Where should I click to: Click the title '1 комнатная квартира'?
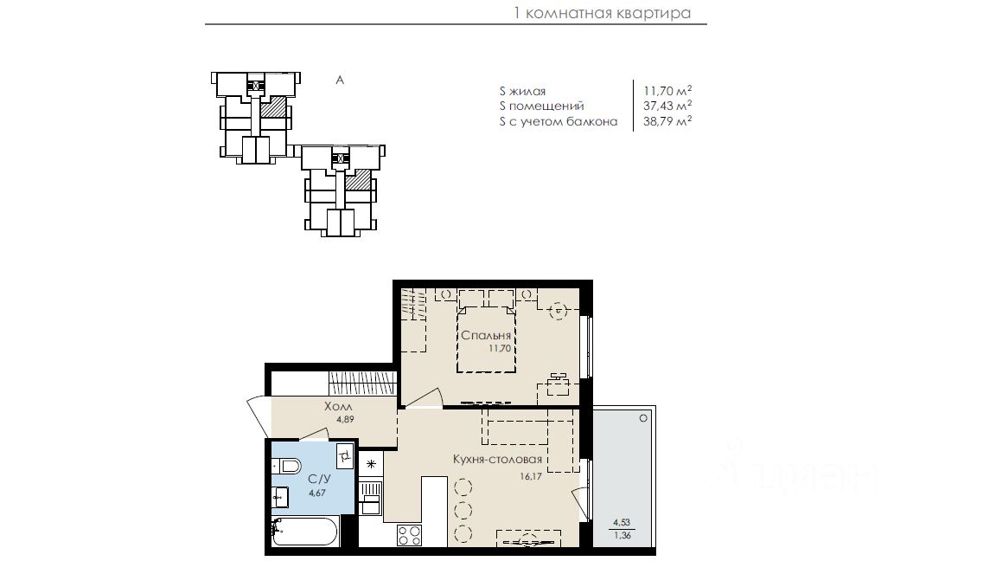602,13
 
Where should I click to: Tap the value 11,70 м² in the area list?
667,91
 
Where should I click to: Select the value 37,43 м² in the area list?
667,106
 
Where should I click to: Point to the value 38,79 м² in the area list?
667,121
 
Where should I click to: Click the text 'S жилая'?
522,92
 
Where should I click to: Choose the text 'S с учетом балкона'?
559,121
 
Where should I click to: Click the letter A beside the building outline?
340,81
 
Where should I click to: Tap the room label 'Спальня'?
486,335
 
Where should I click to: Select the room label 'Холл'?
338,406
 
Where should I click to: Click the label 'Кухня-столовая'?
497,459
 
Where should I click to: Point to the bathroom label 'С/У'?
318,480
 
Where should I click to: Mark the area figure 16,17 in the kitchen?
530,476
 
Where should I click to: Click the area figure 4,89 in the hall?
345,419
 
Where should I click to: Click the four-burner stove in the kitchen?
409,535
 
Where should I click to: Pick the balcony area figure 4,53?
622,523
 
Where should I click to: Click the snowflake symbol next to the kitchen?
371,464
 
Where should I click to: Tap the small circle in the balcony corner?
643,418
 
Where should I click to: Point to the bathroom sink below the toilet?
280,496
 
